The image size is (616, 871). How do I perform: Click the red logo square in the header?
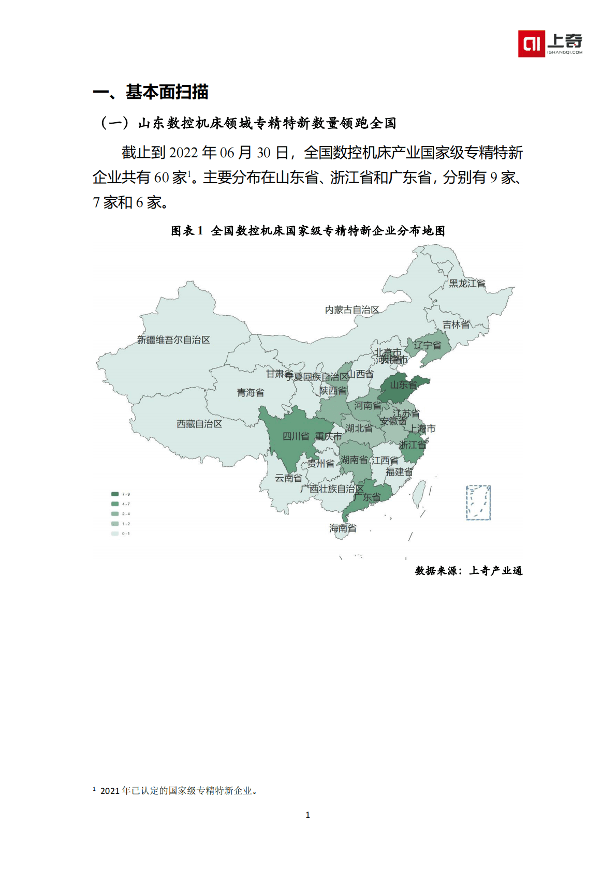point(531,43)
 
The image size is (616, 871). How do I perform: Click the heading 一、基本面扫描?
point(151,92)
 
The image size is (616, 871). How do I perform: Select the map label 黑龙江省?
point(467,284)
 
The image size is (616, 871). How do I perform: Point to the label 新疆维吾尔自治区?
point(173,340)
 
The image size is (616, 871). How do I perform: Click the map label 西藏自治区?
point(199,424)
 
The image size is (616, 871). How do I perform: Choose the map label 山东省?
point(403,385)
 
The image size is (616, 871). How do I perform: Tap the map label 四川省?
point(296,436)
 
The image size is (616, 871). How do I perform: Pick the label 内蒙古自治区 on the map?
point(352,310)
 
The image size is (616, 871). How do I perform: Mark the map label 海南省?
point(343,528)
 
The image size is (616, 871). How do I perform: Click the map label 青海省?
point(251,393)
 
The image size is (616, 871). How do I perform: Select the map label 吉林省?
point(456,324)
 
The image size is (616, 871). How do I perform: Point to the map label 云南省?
point(288,478)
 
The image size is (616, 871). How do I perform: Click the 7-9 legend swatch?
point(115,494)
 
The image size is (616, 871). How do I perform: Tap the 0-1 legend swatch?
point(115,534)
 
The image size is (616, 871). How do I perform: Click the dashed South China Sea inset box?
point(478,503)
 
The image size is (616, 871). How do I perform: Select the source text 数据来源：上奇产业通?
point(468,571)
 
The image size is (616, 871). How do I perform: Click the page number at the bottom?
point(308,815)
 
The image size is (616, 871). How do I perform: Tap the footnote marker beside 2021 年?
point(94,789)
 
